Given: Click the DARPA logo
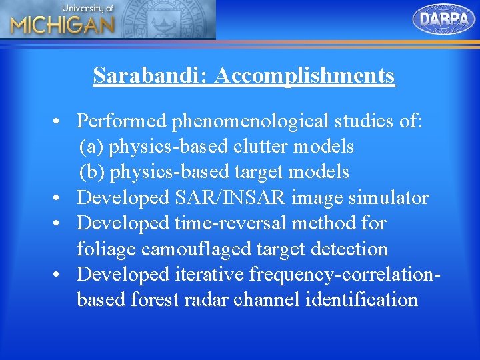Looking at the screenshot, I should [444, 19].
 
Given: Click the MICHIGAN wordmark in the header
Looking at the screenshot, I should [62, 25].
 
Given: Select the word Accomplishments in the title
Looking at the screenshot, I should [305, 75].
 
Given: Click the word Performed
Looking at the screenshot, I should [122, 121].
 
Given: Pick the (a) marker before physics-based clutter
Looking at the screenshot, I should [91, 146].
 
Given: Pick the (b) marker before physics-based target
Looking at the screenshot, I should [92, 172].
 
